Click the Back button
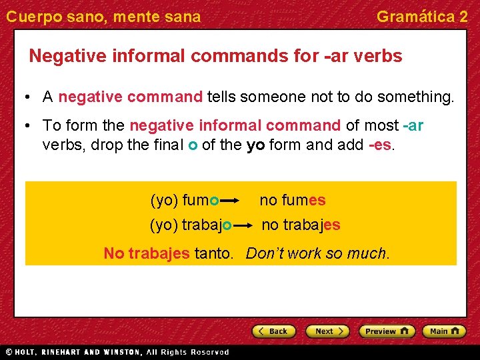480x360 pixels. [273, 331]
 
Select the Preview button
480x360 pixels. [387, 331]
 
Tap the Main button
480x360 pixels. [446, 331]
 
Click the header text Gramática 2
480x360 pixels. [422, 17]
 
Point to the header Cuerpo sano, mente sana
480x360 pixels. [103, 17]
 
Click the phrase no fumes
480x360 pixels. [292, 200]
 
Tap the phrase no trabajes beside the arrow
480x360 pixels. [301, 225]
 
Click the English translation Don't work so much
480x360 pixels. [317, 253]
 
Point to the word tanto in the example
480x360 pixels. [213, 253]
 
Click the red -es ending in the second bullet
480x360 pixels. [381, 144]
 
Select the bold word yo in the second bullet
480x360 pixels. [255, 144]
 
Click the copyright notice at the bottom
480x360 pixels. [117, 352]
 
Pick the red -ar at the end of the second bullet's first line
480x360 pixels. [413, 125]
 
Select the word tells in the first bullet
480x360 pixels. [221, 97]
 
